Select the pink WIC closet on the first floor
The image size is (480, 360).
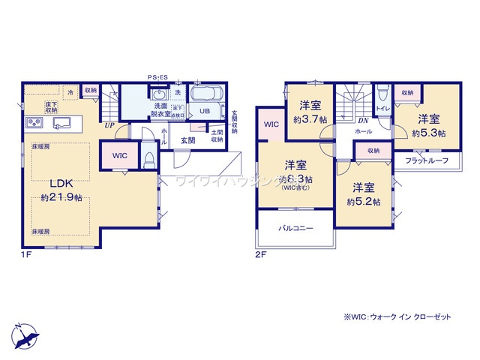click(x=119, y=155)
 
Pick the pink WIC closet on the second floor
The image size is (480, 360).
click(x=271, y=124)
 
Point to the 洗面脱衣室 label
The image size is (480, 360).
click(x=160, y=111)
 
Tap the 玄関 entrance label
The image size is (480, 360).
click(x=187, y=140)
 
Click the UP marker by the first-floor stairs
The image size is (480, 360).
click(x=109, y=125)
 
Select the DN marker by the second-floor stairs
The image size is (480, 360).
click(x=363, y=120)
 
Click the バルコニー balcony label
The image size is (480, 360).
click(x=295, y=226)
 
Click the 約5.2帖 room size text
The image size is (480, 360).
click(x=364, y=202)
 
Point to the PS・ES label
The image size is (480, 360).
click(x=169, y=76)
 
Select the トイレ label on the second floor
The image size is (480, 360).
click(x=382, y=109)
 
